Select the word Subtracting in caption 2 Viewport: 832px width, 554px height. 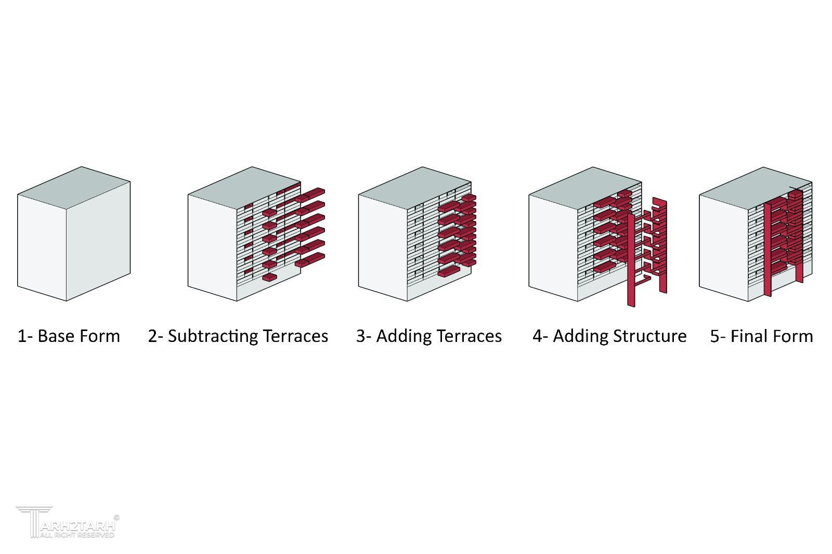click(213, 337)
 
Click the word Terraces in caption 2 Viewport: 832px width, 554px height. click(296, 336)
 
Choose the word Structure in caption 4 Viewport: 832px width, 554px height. click(649, 336)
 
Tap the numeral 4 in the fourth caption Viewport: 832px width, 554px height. click(537, 336)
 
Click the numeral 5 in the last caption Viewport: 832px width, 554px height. click(714, 336)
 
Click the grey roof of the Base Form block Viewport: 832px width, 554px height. click(74, 188)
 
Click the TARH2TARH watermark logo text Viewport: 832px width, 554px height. click(77, 526)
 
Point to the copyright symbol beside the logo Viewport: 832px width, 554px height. click(116, 517)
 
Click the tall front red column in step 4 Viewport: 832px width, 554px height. click(631, 260)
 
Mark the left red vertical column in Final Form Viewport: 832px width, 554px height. click(768, 249)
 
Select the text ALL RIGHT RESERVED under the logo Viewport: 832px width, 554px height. click(77, 535)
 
